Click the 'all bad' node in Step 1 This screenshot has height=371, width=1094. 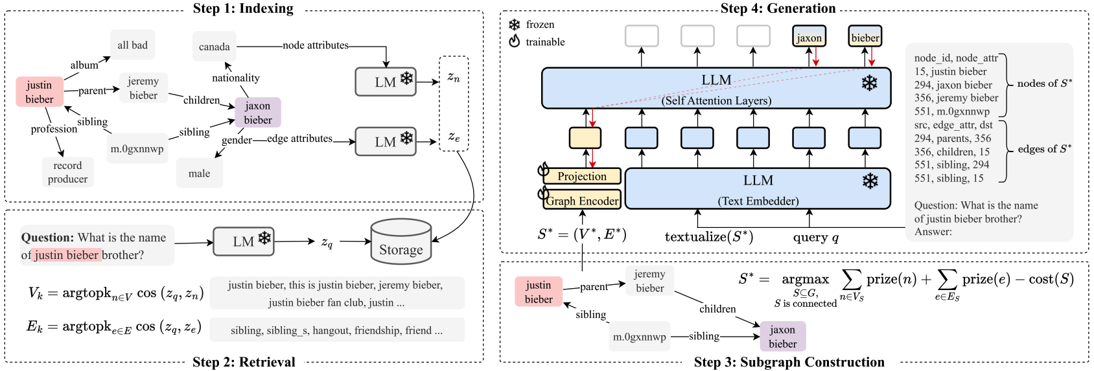(x=132, y=45)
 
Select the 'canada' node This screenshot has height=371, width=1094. (x=214, y=47)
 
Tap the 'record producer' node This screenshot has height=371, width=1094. (x=67, y=172)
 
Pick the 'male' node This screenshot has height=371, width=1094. (x=199, y=174)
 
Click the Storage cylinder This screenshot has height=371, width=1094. (x=401, y=242)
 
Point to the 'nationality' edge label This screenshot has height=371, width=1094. (x=235, y=78)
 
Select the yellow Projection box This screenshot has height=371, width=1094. (x=582, y=176)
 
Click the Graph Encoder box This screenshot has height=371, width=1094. (x=582, y=201)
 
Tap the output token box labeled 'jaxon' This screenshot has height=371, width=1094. (x=809, y=37)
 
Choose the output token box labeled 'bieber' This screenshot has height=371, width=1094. (x=865, y=37)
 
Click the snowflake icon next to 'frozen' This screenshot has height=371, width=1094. (x=514, y=25)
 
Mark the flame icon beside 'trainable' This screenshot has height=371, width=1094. (x=514, y=41)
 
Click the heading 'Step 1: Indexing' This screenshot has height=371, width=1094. (x=243, y=8)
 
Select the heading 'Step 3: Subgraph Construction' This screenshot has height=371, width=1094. (x=789, y=362)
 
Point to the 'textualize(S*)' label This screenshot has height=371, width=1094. (x=708, y=237)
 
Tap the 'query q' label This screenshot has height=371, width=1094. (x=815, y=237)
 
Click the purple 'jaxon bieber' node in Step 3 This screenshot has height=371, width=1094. (x=782, y=337)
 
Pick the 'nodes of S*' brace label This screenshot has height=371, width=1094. (x=1044, y=84)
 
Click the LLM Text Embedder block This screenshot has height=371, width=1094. (x=758, y=188)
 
